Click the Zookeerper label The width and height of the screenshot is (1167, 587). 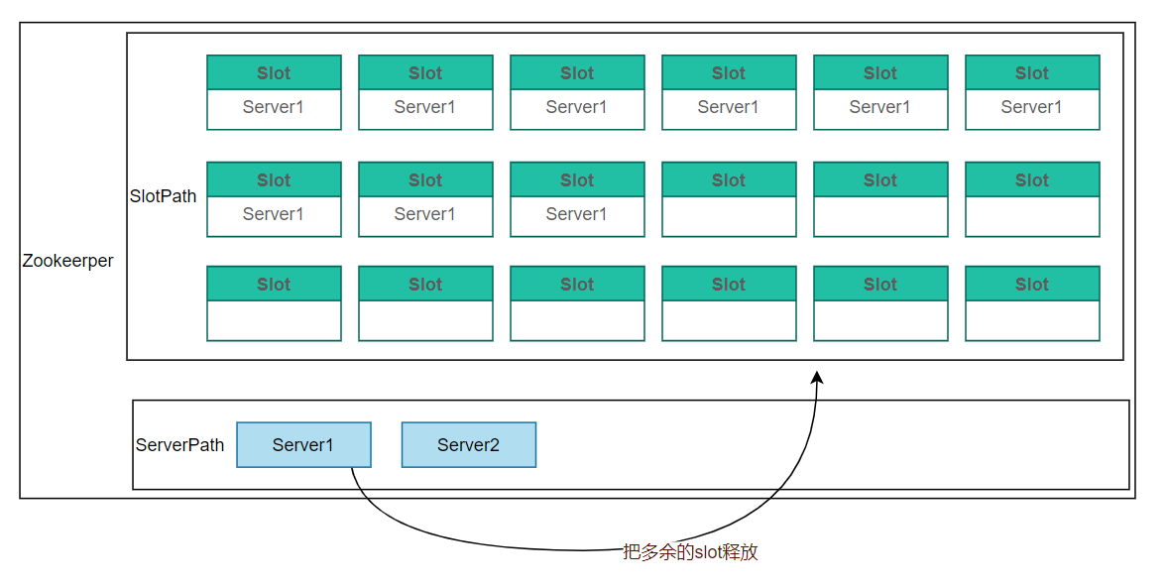pyautogui.click(x=67, y=261)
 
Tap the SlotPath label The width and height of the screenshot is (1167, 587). pyautogui.click(x=163, y=196)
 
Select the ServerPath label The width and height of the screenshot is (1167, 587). pyautogui.click(x=179, y=445)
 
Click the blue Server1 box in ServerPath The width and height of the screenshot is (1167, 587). pyautogui.click(x=303, y=445)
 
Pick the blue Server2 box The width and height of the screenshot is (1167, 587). pyautogui.click(x=469, y=445)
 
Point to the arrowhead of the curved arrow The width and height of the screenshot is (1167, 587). pyautogui.click(x=817, y=377)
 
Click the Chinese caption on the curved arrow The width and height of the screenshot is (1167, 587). pyautogui.click(x=690, y=552)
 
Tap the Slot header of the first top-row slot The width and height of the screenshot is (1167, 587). pyautogui.click(x=274, y=73)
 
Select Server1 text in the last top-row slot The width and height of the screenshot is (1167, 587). pyautogui.click(x=1031, y=107)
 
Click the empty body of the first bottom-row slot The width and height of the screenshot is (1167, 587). pyautogui.click(x=274, y=320)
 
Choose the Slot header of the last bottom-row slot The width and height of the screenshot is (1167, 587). pyautogui.click(x=1032, y=285)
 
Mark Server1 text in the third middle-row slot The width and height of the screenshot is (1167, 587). pyautogui.click(x=577, y=214)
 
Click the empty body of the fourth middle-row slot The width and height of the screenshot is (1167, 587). pyautogui.click(x=730, y=216)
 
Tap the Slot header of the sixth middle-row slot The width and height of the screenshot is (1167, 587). pyautogui.click(x=1032, y=180)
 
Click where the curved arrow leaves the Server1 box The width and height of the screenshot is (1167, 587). pyautogui.click(x=351, y=468)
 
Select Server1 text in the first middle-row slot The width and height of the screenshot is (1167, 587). pyautogui.click(x=273, y=214)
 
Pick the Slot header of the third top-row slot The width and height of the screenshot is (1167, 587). pyautogui.click(x=577, y=73)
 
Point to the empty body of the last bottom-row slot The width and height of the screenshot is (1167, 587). pyautogui.click(x=1032, y=320)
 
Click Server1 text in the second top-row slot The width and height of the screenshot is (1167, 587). pyautogui.click(x=425, y=107)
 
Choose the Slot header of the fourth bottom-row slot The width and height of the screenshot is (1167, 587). pyautogui.click(x=730, y=285)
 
